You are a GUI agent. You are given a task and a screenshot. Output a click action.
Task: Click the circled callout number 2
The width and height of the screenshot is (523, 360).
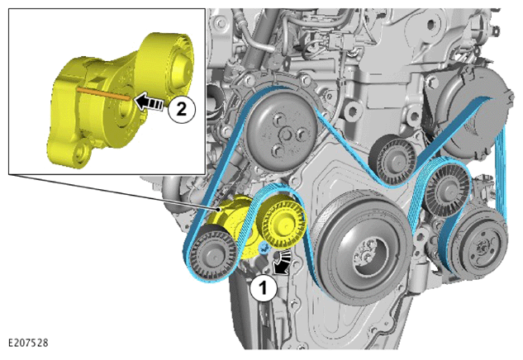[x=181, y=109]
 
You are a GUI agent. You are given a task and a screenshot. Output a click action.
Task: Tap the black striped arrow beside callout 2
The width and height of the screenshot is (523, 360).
[x=150, y=102]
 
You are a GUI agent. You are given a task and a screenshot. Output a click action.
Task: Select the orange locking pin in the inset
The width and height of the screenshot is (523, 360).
[x=103, y=93]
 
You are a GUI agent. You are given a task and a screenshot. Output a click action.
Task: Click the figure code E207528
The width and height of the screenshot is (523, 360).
[x=28, y=343]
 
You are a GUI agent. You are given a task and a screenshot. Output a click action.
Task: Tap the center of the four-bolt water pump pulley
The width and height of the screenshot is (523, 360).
[x=286, y=135]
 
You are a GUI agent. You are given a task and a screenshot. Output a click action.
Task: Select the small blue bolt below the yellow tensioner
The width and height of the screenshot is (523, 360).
[x=264, y=248]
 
